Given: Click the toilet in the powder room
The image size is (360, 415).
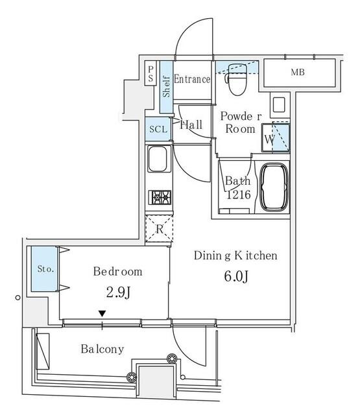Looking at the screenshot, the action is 237,79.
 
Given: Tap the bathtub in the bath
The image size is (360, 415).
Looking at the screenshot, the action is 274,187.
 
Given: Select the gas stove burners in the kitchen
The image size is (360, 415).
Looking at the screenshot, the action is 160,197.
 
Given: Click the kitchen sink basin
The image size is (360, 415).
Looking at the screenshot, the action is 158,159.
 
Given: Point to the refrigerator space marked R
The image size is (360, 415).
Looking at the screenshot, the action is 159,229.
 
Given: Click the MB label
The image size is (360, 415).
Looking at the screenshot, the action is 298,72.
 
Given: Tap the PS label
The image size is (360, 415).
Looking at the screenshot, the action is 150,73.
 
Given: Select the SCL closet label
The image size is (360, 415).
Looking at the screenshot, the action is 158,129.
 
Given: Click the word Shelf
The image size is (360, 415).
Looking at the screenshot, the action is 166,86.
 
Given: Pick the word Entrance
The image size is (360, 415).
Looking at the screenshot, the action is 192,79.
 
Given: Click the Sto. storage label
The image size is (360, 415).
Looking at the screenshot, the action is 45,269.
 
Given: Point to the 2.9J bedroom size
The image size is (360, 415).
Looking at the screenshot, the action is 118,292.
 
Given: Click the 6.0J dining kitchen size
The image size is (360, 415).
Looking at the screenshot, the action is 236,276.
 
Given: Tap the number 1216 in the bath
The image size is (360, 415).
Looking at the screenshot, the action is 239,195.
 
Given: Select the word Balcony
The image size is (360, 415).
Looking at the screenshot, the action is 102,350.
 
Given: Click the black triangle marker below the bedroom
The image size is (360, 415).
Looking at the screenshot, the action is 102,314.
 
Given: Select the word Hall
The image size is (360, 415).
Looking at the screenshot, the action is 191,124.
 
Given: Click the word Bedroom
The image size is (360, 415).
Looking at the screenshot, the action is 118,272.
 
